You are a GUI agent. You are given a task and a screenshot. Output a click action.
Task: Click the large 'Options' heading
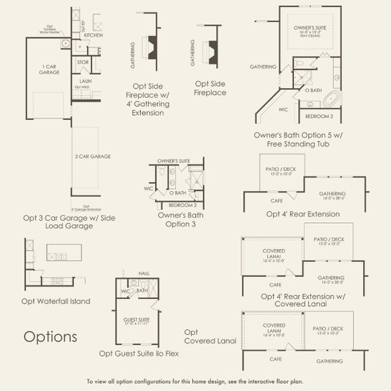pyautogui.click(x=50, y=337)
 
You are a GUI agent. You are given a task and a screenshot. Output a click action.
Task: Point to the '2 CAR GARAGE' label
pyautogui.click(x=93, y=156)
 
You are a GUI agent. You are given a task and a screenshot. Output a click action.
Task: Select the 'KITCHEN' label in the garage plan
pyautogui.click(x=93, y=35)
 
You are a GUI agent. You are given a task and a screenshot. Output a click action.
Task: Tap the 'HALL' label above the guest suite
pyautogui.click(x=145, y=274)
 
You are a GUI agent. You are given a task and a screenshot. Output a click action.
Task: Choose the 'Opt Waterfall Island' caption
pyautogui.click(x=55, y=301)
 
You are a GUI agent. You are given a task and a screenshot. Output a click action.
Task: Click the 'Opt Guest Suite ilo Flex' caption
pyautogui.click(x=139, y=353)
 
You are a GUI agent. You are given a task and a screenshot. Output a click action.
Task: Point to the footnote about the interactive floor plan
pyautogui.click(x=195, y=381)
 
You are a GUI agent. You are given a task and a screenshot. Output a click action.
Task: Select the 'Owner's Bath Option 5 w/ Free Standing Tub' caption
pyautogui.click(x=306, y=139)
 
